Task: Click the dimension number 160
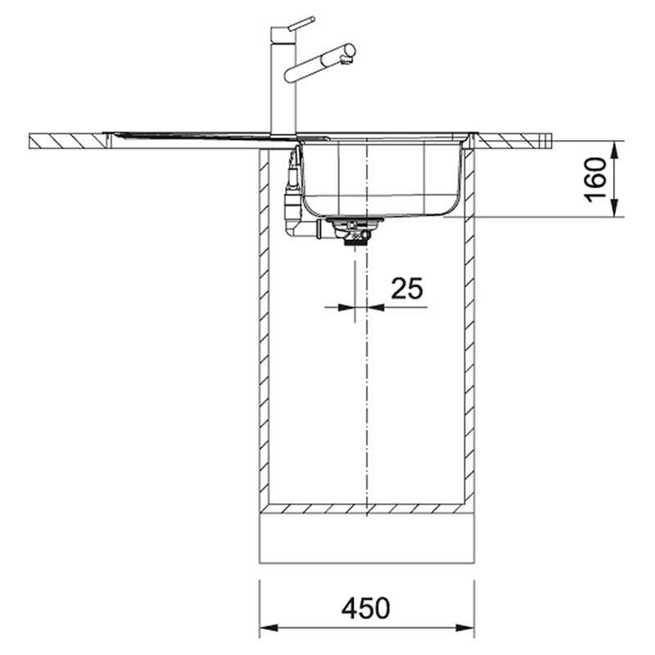point(596,179)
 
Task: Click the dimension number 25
point(407,288)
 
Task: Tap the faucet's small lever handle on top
point(301,23)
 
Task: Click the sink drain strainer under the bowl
point(355,230)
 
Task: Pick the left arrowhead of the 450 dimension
point(269,628)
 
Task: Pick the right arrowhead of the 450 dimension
point(464,628)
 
